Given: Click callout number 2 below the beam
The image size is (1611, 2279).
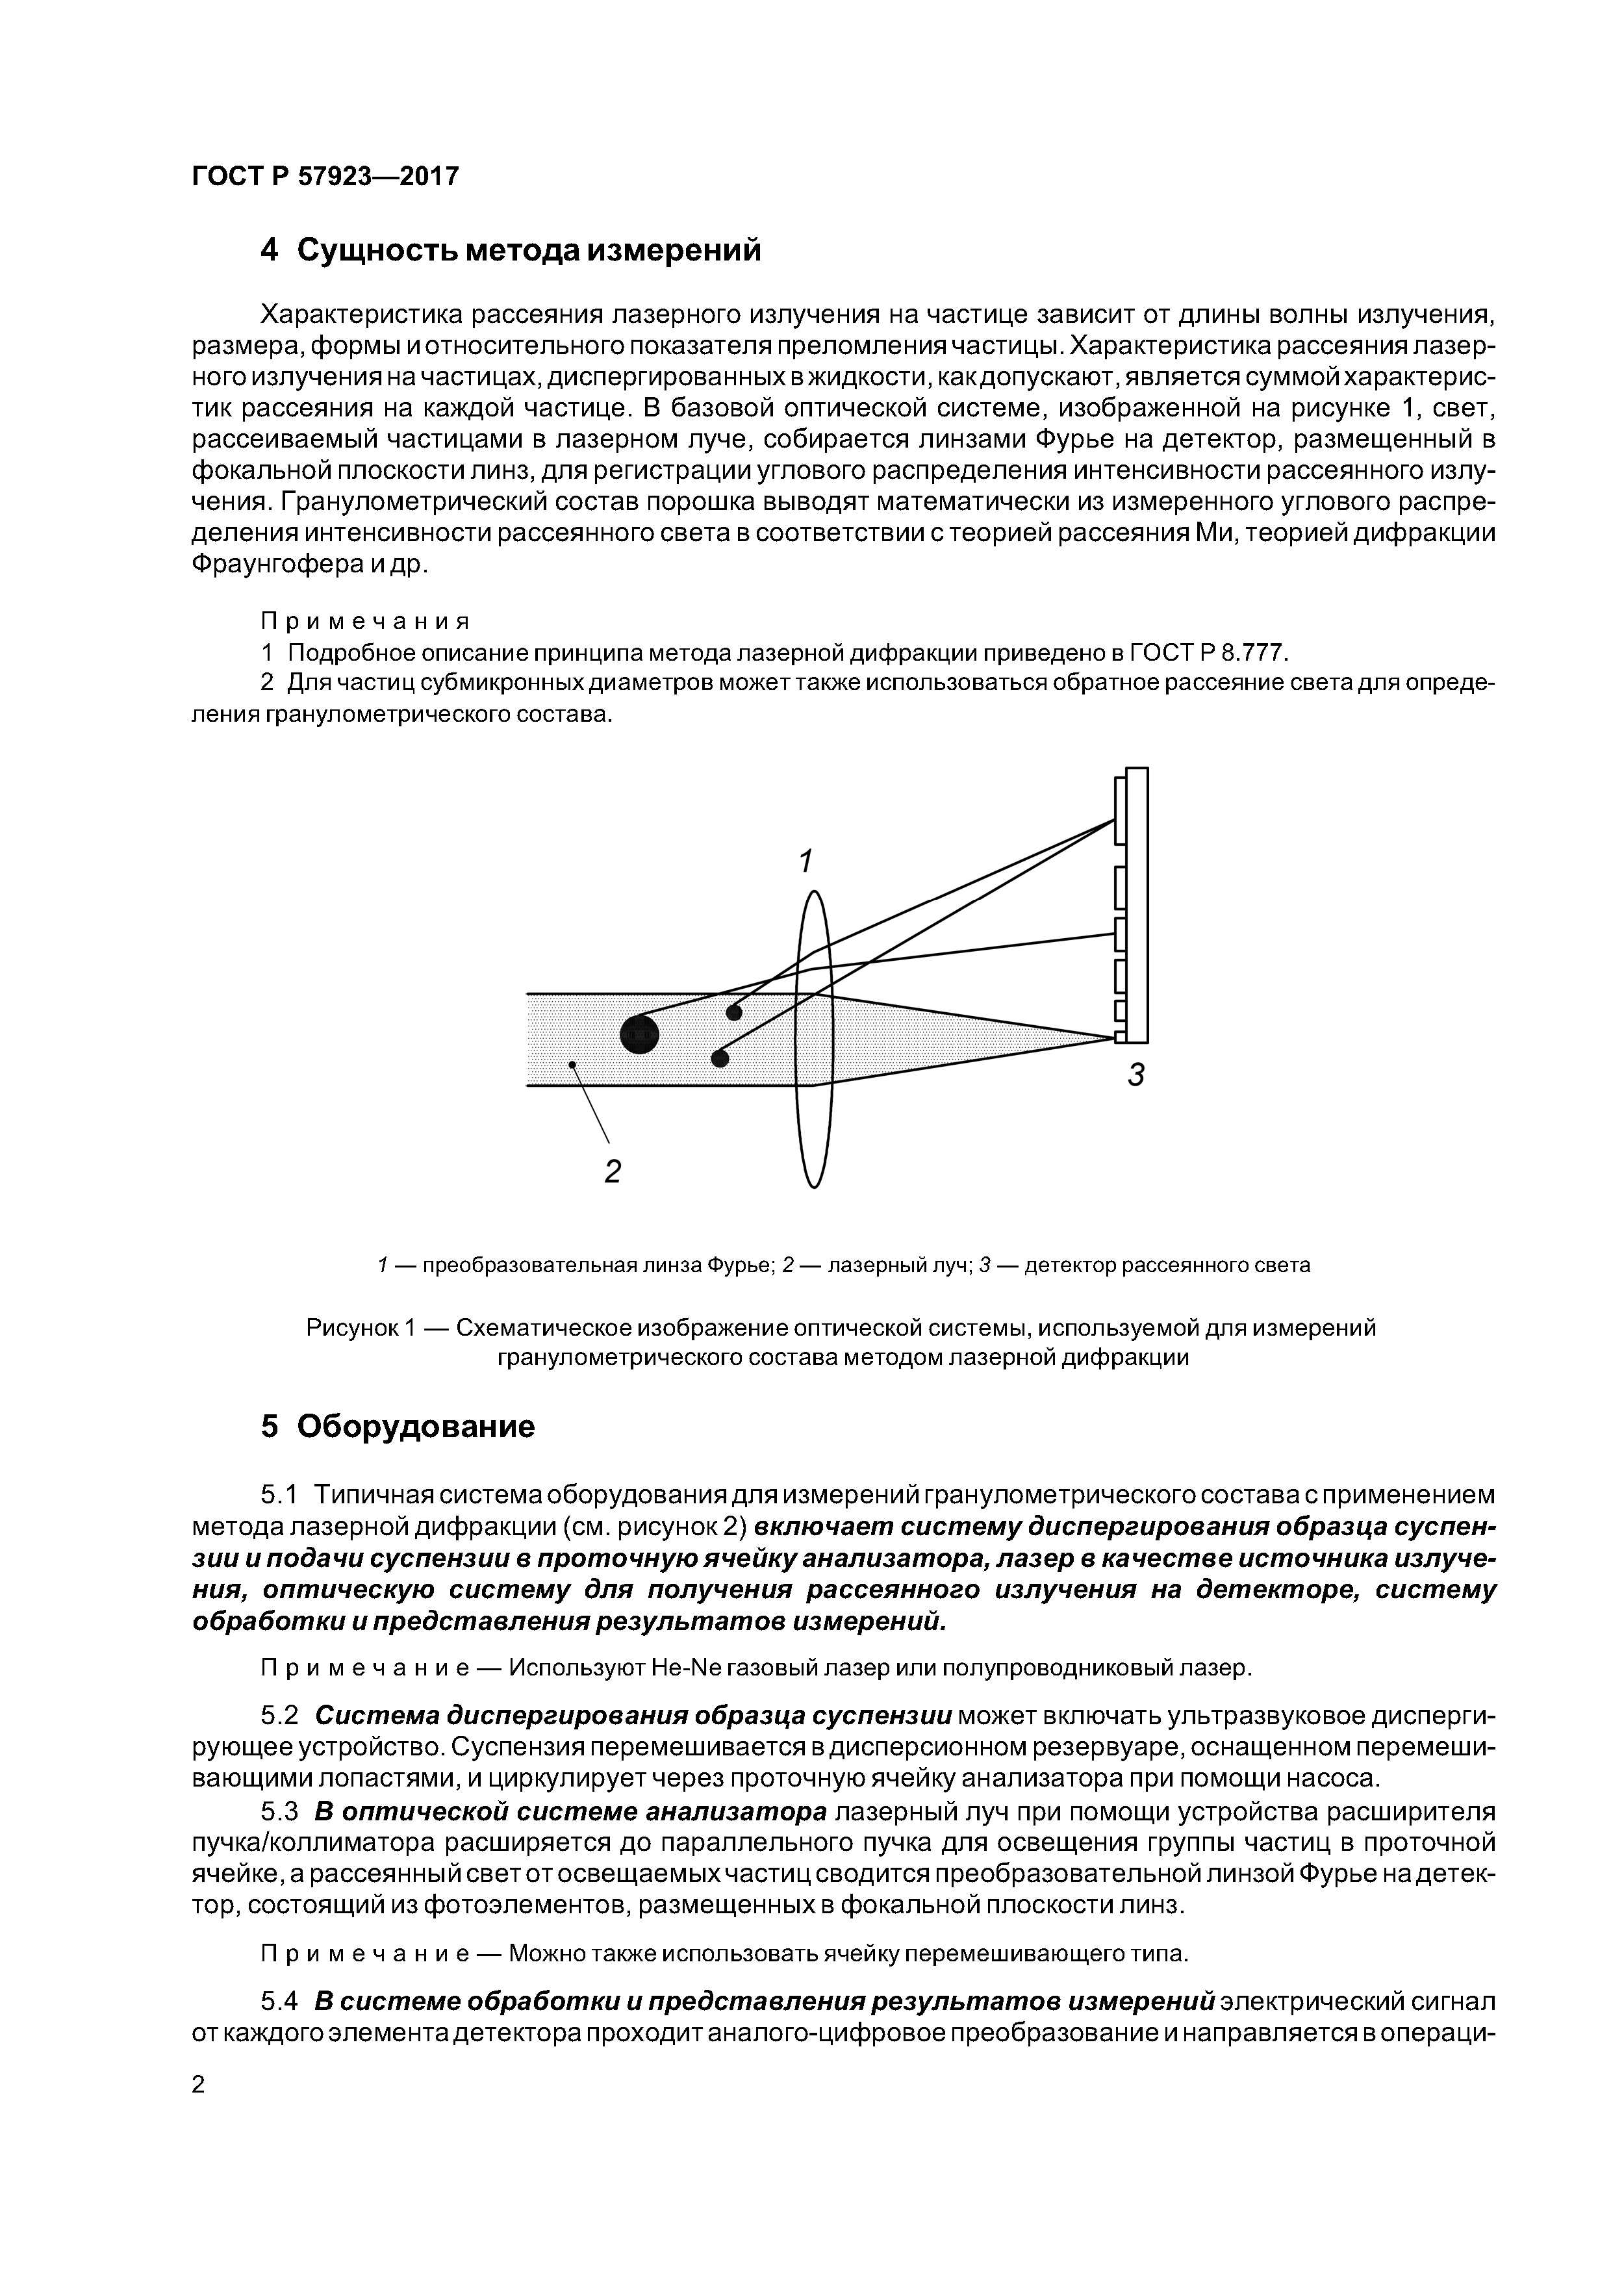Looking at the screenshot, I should coord(613,1172).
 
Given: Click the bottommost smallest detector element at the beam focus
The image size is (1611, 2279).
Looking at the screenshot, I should coord(1120,1038).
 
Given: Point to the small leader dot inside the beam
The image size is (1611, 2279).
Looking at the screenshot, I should coord(572,1064).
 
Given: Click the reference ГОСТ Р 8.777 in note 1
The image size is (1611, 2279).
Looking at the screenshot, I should coord(1206,652).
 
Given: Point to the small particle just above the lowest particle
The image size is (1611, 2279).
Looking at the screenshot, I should coord(733,1012).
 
